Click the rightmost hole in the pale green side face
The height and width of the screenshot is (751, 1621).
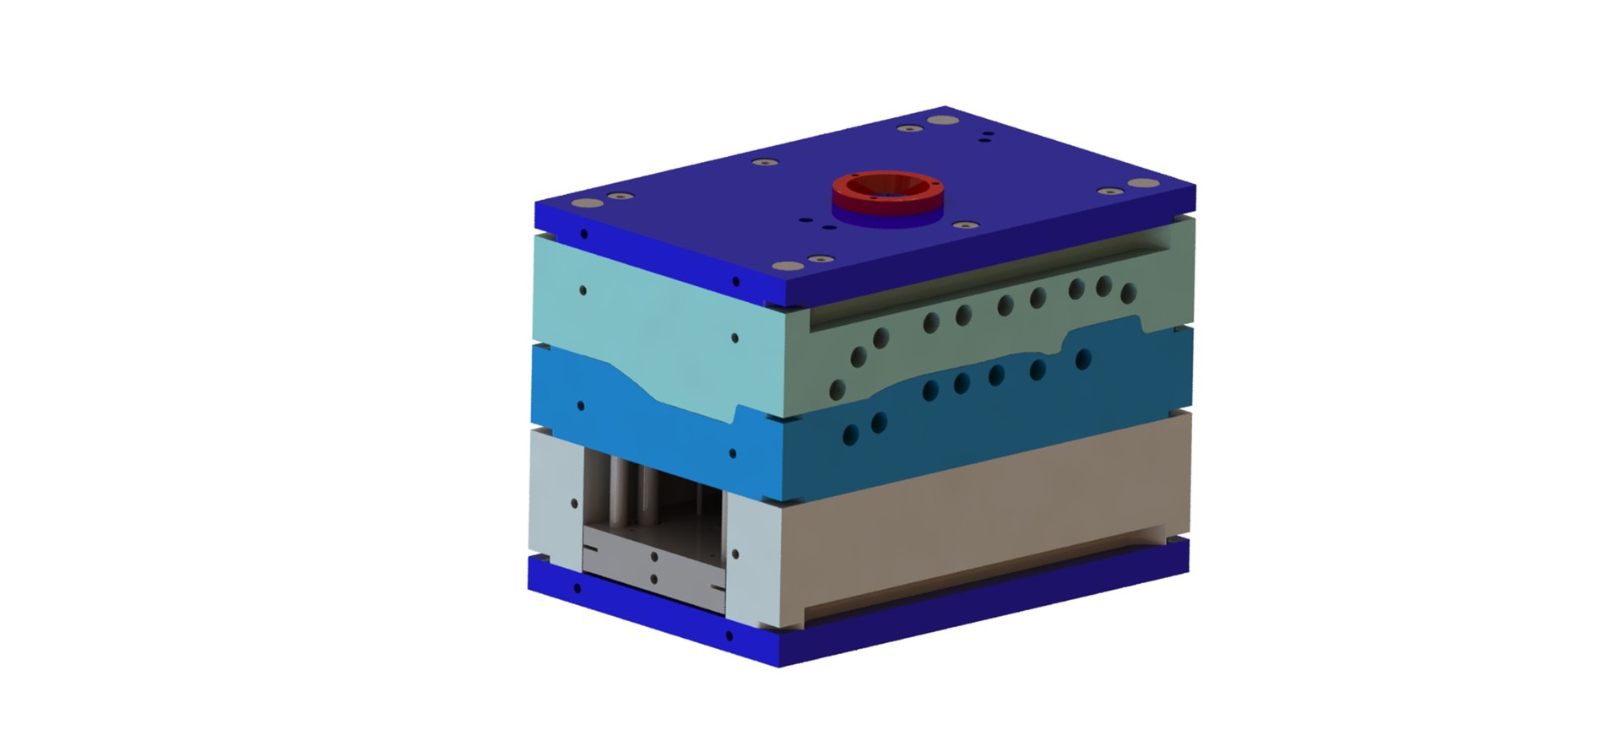click(1129, 293)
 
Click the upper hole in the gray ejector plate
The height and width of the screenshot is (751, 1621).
click(653, 557)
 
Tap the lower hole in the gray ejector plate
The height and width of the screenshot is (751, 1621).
click(653, 578)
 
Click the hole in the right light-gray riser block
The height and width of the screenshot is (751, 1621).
click(735, 554)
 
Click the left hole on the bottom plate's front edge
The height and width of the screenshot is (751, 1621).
click(577, 587)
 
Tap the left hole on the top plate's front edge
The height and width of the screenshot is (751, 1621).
click(583, 234)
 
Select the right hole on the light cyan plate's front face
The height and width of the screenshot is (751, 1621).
click(735, 338)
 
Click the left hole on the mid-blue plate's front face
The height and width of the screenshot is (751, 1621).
click(580, 405)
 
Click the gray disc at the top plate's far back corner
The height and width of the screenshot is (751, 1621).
click(935, 120)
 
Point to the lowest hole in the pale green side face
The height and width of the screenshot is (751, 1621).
click(838, 389)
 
